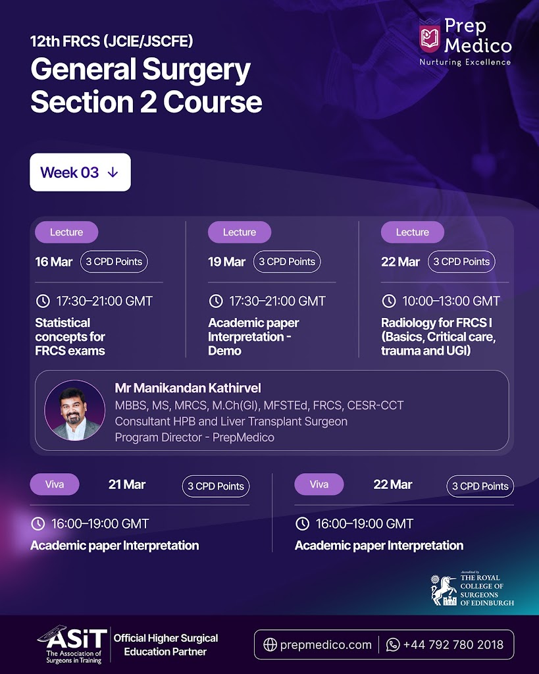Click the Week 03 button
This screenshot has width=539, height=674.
(80, 172)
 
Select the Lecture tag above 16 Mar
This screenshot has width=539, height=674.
(66, 232)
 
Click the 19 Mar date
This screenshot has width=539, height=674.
(226, 262)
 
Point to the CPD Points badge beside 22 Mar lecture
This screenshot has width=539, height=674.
(461, 261)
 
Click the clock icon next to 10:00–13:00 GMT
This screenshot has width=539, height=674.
(389, 301)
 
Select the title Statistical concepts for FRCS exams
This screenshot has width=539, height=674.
(70, 336)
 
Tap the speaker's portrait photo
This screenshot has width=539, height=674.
(75, 410)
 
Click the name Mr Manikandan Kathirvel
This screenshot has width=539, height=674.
(188, 388)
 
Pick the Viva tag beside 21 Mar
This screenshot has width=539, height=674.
(55, 484)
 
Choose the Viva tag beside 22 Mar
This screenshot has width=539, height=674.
(319, 484)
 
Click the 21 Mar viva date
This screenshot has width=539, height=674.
(127, 485)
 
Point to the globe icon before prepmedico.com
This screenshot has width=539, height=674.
(270, 645)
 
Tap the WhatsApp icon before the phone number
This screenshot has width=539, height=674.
(393, 645)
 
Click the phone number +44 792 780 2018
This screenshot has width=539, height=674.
(453, 645)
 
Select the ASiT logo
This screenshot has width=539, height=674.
(72, 644)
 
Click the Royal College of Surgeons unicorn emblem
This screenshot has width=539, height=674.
(444, 590)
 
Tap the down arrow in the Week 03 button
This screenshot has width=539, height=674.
(113, 172)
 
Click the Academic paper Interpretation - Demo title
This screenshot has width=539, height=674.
(253, 336)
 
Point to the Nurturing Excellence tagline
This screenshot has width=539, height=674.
(465, 63)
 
